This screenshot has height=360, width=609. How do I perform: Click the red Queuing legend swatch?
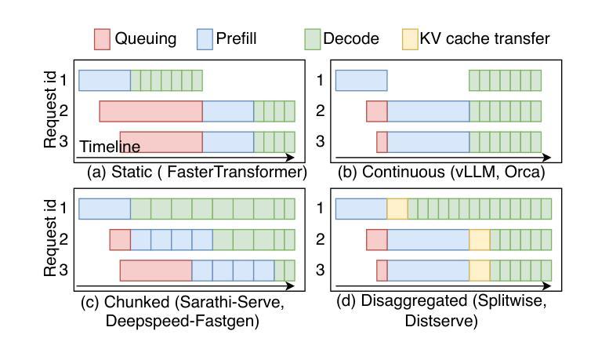pyautogui.click(x=102, y=39)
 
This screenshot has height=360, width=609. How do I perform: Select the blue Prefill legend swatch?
pyautogui.click(x=205, y=39)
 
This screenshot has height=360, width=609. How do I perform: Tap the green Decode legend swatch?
pyautogui.click(x=312, y=39)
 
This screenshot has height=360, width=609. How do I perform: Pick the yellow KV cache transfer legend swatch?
pyautogui.click(x=410, y=39)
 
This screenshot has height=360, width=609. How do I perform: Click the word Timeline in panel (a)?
pyautogui.click(x=110, y=147)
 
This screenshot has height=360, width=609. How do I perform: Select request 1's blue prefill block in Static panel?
pyautogui.click(x=105, y=81)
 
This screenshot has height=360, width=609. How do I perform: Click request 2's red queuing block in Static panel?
pyautogui.click(x=151, y=111)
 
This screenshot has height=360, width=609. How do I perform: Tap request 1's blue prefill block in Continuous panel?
pyautogui.click(x=361, y=81)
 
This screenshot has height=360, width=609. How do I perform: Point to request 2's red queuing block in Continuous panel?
pyautogui.click(x=377, y=111)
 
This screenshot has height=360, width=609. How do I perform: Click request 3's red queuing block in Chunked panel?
pyautogui.click(x=156, y=270)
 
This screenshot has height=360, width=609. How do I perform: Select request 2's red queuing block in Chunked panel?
pyautogui.click(x=120, y=239)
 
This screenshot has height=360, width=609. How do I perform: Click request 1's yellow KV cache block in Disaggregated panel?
pyautogui.click(x=397, y=209)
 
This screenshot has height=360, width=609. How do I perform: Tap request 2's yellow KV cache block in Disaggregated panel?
pyautogui.click(x=480, y=239)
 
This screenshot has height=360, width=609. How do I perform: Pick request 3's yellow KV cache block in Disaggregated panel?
pyautogui.click(x=480, y=270)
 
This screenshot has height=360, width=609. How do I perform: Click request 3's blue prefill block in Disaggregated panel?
pyautogui.click(x=429, y=270)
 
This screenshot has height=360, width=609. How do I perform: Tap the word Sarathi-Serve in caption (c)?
pyautogui.click(x=228, y=301)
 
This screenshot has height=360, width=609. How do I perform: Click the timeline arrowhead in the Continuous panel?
pyautogui.click(x=546, y=158)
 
